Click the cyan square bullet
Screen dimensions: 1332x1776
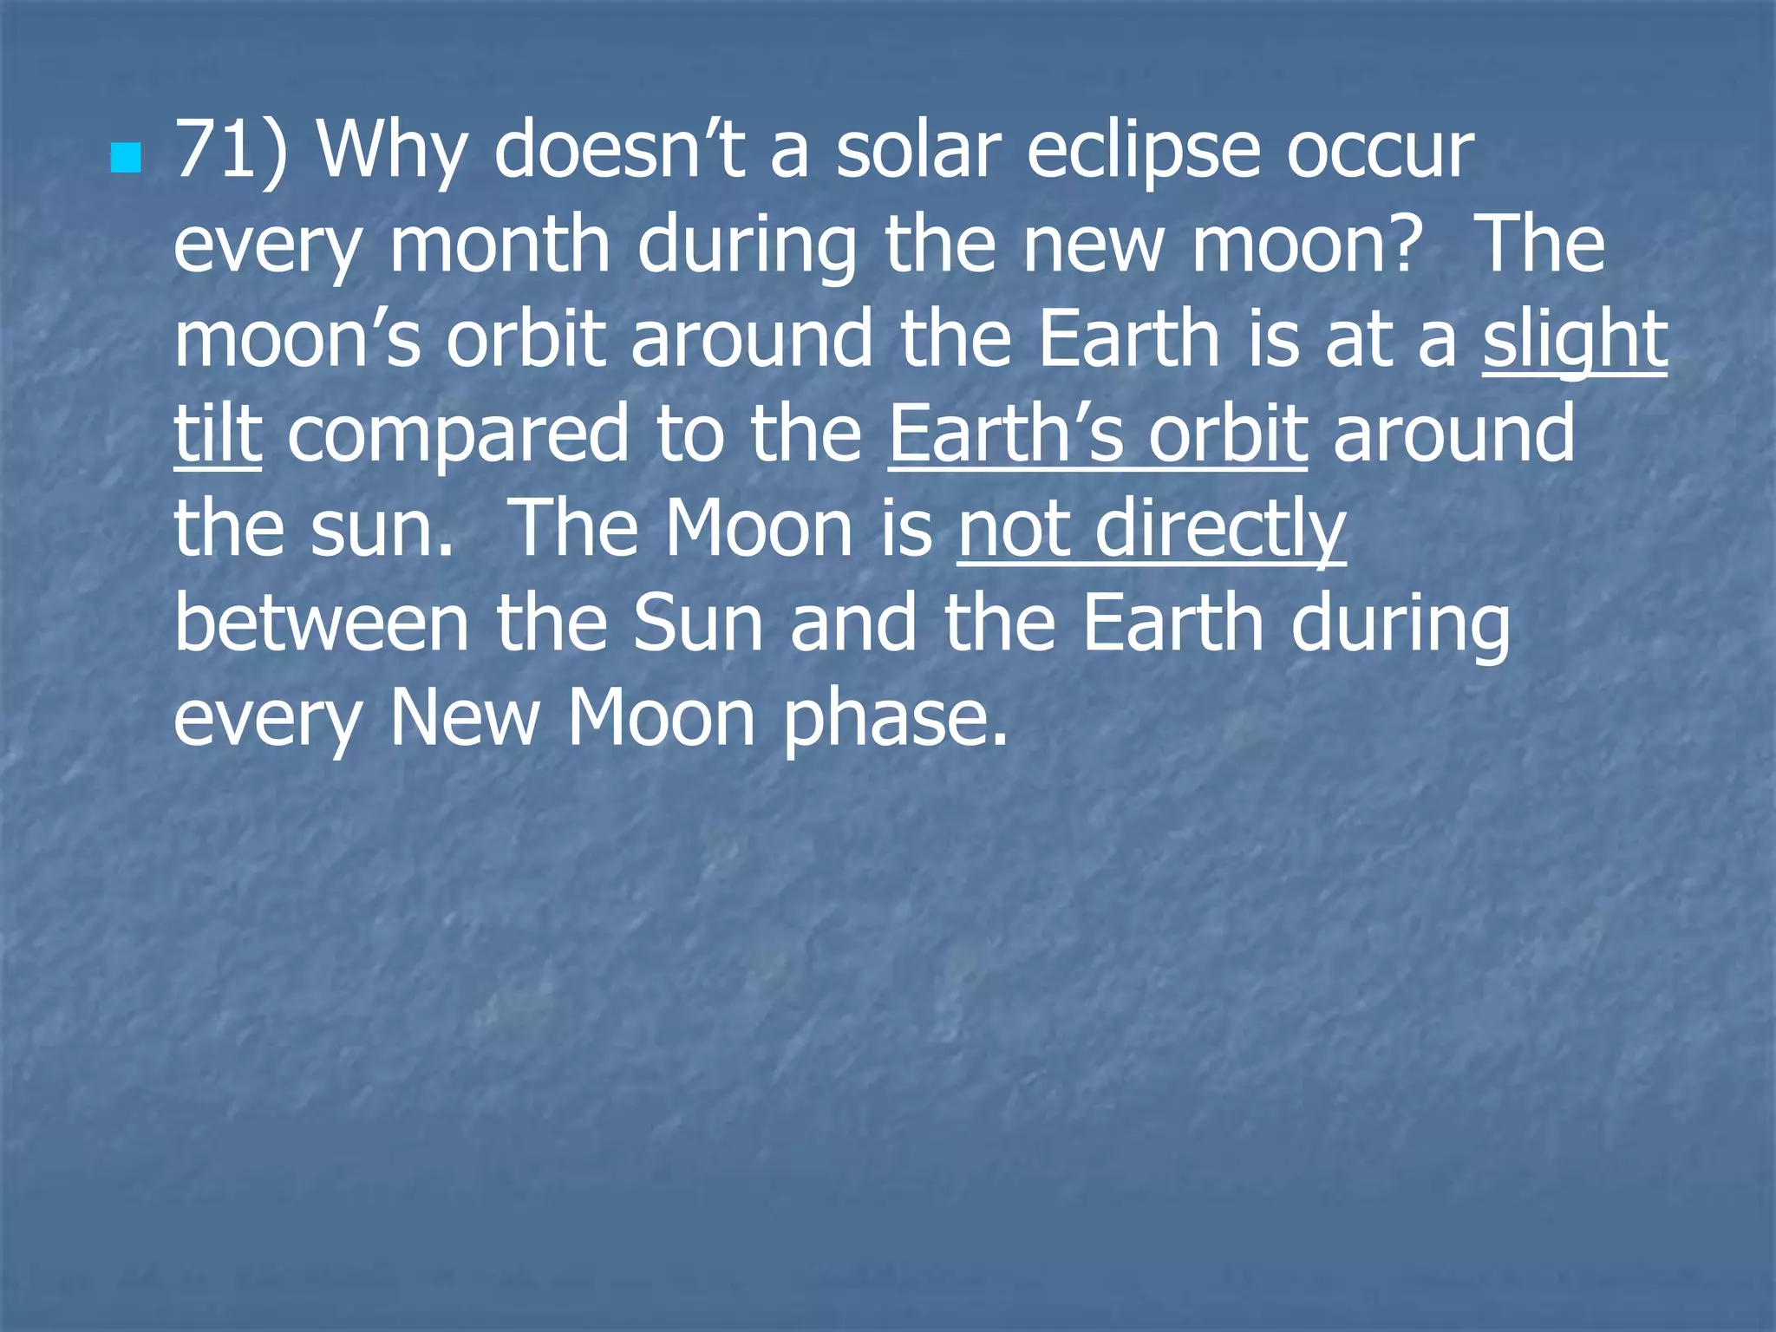click(126, 158)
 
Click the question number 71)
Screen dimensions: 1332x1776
click(231, 151)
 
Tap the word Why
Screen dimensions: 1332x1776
click(393, 153)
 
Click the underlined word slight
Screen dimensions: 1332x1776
click(1574, 342)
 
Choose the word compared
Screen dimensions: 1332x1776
click(457, 435)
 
